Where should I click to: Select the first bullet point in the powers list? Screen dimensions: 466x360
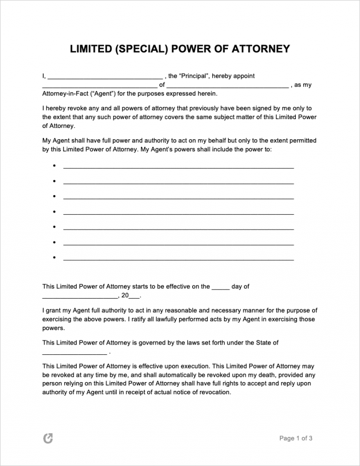55,166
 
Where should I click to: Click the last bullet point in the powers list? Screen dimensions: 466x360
55,258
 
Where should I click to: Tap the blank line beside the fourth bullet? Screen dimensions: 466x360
178,213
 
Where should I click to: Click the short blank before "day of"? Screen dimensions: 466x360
220,288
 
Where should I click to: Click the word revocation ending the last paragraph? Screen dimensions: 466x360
214,392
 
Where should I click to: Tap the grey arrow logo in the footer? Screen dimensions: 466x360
47,438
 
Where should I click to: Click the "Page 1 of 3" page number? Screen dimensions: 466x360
296,438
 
